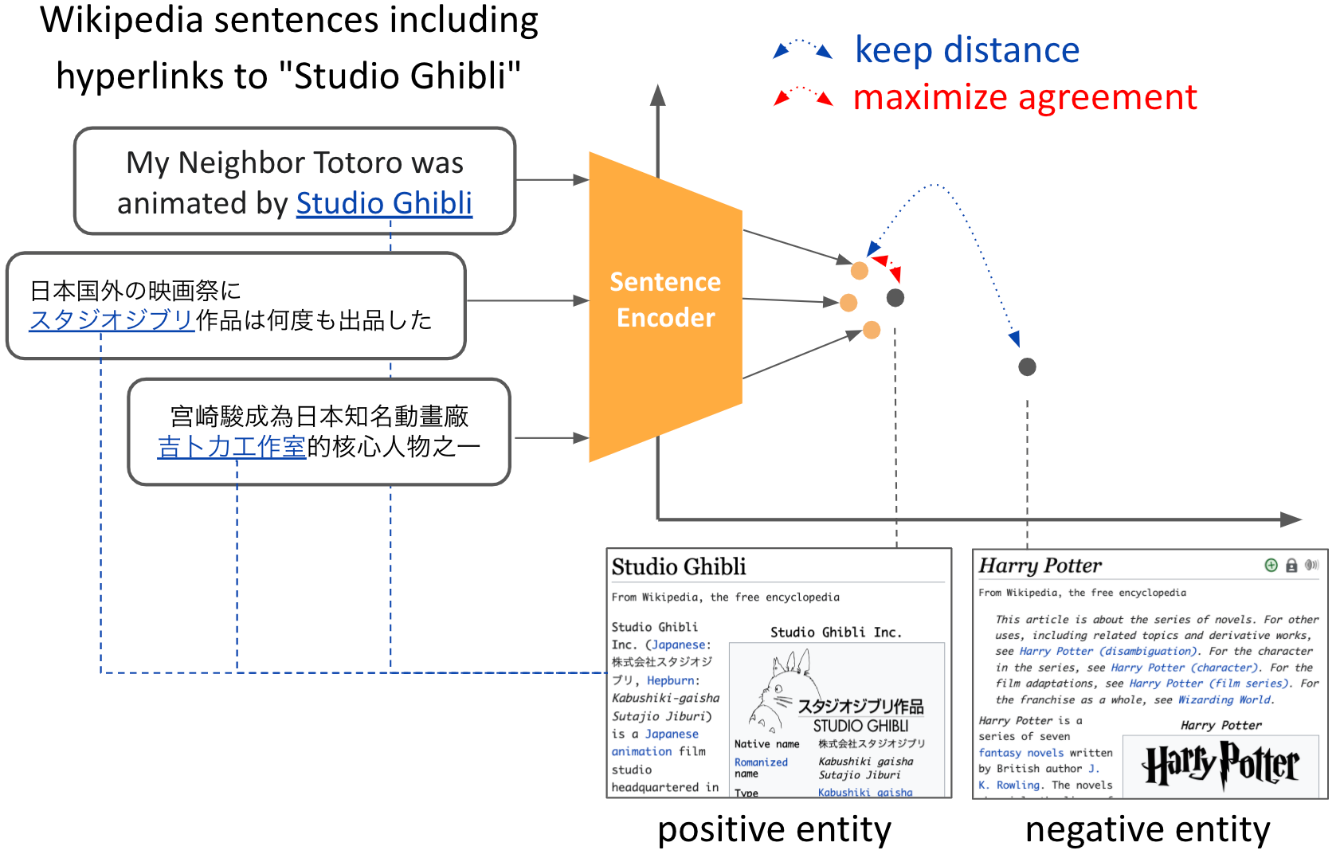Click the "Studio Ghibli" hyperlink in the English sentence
pyautogui.click(x=384, y=204)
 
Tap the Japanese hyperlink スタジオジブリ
pyautogui.click(x=112, y=320)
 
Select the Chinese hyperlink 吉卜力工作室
pyautogui.click(x=231, y=447)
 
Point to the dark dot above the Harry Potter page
pyautogui.click(x=1027, y=366)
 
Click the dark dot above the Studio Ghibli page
pyautogui.click(x=895, y=298)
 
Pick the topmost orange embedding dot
pyautogui.click(x=859, y=271)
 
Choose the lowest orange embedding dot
pyautogui.click(x=872, y=330)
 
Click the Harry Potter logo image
pyautogui.click(x=1220, y=765)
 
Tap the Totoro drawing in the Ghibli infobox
pyautogui.click(x=781, y=689)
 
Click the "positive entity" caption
pyautogui.click(x=774, y=829)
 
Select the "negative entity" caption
pyautogui.click(x=1147, y=829)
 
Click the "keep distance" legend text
pyautogui.click(x=966, y=50)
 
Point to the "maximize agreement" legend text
pyautogui.click(x=1025, y=97)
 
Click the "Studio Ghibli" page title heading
pyautogui.click(x=679, y=566)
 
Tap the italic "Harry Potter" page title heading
pyautogui.click(x=1040, y=566)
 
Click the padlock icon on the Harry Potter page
pyautogui.click(x=1291, y=566)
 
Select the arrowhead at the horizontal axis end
pyautogui.click(x=1291, y=519)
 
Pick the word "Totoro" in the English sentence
pyautogui.click(x=359, y=163)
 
